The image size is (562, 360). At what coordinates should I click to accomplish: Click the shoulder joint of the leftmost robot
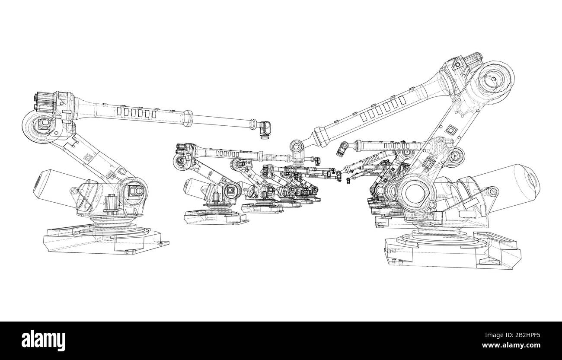click(x=134, y=191)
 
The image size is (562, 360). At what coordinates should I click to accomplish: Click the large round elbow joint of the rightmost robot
click(x=493, y=80)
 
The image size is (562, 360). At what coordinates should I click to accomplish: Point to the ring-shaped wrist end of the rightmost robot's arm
click(x=296, y=145)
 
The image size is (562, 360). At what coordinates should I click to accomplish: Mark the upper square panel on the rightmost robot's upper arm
click(x=452, y=130)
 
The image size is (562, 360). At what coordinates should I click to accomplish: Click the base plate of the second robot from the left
click(x=216, y=217)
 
